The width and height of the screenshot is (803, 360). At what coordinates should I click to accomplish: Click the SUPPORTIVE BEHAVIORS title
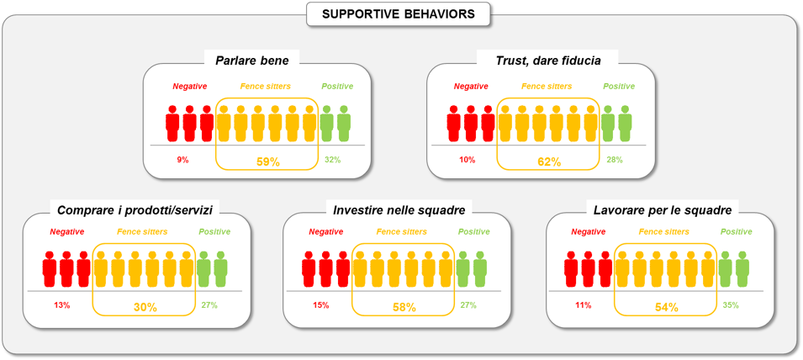point(398,13)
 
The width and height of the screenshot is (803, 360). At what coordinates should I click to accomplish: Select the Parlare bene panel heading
point(252,61)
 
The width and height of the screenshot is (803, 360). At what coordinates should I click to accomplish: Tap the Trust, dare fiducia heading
point(547,61)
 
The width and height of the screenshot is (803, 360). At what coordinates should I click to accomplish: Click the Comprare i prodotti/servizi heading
point(138,210)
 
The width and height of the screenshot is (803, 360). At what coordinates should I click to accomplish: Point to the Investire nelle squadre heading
point(399,210)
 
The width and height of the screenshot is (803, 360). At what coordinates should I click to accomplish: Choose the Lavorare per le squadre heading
point(663,210)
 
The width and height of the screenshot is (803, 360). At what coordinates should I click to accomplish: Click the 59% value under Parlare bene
point(268,161)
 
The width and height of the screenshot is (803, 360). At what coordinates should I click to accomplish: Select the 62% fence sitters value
point(549,161)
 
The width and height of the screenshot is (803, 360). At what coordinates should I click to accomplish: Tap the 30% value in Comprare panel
point(145,307)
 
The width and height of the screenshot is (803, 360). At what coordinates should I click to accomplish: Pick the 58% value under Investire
point(404,307)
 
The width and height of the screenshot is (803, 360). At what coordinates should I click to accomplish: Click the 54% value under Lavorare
point(666,307)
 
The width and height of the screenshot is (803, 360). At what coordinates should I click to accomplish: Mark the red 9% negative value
point(182,160)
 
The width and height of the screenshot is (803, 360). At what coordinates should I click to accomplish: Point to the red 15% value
point(321,305)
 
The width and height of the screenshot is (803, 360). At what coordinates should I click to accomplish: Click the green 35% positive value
point(730,305)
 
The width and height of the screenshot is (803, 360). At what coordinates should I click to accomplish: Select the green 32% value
point(333,160)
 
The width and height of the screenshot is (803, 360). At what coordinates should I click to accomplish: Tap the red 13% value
point(62,305)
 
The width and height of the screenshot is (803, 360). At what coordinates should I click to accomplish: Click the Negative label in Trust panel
point(471,86)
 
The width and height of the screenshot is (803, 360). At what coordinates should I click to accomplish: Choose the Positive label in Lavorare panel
point(737,231)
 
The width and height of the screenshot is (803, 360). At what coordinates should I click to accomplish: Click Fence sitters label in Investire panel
point(402,231)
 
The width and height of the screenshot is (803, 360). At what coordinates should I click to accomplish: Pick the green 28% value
point(614,160)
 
